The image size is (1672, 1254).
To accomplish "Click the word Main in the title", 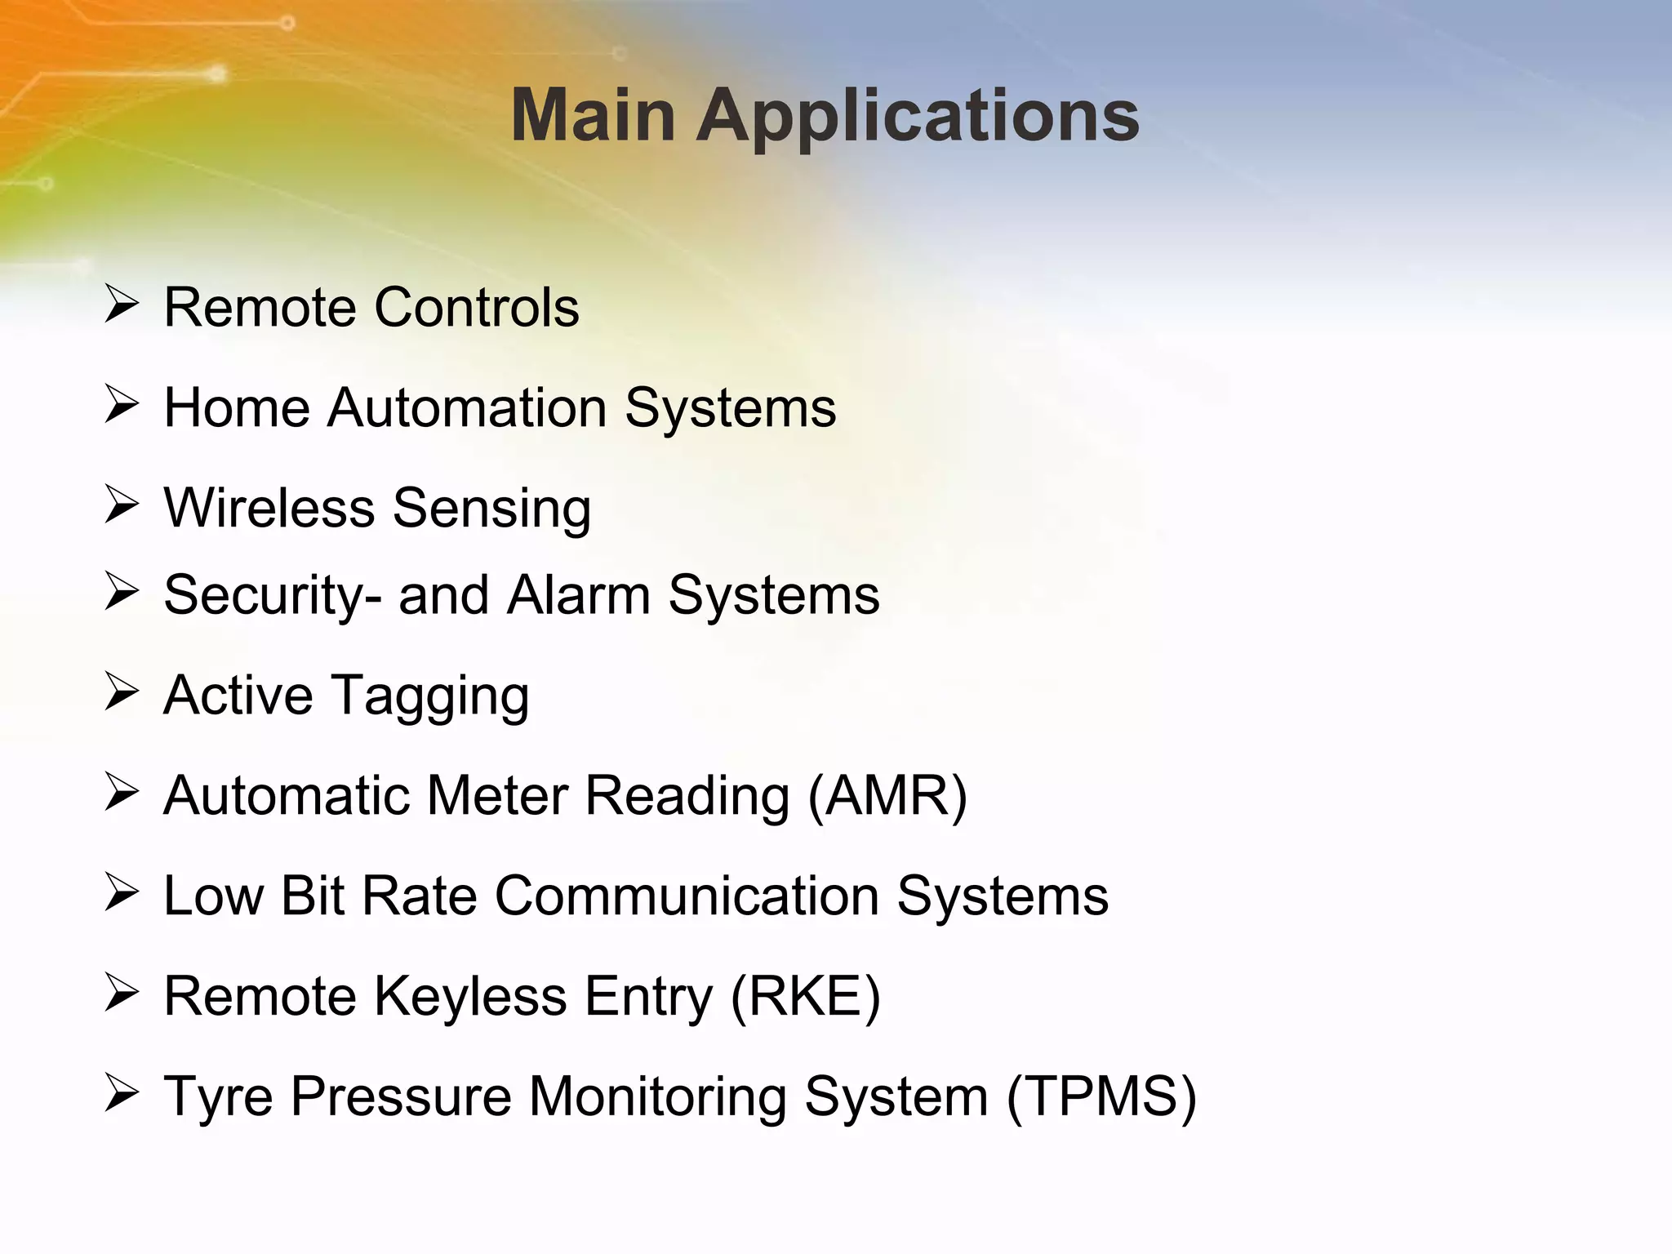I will click(593, 116).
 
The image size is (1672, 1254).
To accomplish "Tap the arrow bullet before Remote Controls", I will click(122, 305).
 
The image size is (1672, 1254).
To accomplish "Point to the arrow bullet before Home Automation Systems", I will click(122, 405).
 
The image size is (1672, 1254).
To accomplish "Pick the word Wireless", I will click(269, 508).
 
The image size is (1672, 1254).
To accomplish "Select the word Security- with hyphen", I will click(272, 596).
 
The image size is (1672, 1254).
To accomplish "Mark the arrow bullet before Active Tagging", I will click(122, 692).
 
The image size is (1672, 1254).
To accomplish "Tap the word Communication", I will click(687, 896).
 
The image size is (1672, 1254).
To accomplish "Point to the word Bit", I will click(312, 896).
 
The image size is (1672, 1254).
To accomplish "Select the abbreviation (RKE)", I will click(805, 996).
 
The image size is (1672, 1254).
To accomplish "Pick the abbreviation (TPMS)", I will click(1101, 1096).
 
